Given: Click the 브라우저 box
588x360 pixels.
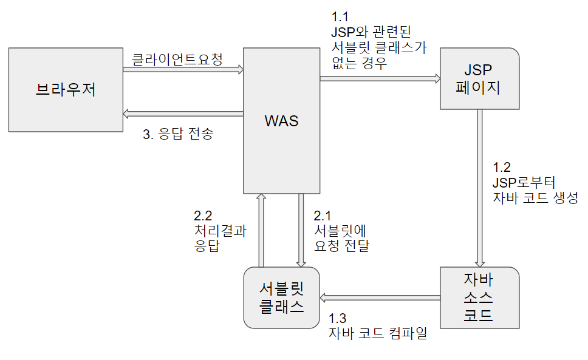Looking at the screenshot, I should click(66, 90).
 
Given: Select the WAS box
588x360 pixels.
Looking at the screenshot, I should click(281, 121).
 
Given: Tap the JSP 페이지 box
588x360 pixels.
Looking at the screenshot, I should click(480, 79).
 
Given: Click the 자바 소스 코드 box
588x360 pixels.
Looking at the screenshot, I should click(480, 297).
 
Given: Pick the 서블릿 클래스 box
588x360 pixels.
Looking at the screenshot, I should click(281, 297).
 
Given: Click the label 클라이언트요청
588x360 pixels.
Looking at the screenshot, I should click(177, 59).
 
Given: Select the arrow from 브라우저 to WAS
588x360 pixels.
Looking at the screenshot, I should click(182, 70).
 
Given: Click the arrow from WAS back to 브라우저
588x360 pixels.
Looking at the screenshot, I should click(182, 113).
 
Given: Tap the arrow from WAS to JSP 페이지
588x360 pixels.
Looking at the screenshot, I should click(380, 78).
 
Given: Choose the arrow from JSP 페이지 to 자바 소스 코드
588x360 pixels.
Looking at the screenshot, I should click(480, 188).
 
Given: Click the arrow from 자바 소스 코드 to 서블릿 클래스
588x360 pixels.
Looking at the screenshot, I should click(380, 297).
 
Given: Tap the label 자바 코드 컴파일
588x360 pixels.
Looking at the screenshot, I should click(377, 333).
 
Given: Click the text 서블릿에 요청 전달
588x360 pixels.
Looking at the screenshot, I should click(341, 239).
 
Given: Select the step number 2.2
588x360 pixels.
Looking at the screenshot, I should click(204, 216).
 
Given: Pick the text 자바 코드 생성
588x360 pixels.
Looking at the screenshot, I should click(535, 197).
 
